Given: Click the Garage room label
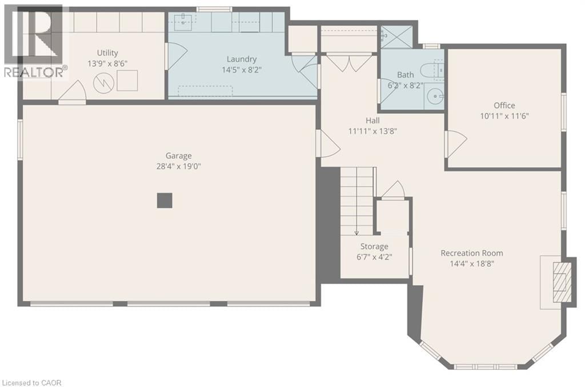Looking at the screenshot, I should coord(178,155).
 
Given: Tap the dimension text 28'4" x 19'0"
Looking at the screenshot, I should coord(178,166).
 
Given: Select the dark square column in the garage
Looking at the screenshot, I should coord(165,200).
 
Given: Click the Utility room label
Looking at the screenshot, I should coord(107,53).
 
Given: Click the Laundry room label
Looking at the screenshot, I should coord(241,59).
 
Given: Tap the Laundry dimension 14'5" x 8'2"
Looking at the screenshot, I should coord(241,70).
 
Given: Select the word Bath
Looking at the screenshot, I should coord(406,74).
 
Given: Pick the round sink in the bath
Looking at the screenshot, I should coord(436,97).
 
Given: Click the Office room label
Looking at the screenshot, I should coord(504,105).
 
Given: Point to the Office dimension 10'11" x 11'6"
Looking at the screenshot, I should coord(504,116).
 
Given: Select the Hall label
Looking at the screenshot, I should coord(372,121).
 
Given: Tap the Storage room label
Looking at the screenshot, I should coord(374,246).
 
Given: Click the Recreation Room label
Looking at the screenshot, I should coord(471,253).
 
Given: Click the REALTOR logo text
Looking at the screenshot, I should coord(34,72).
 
